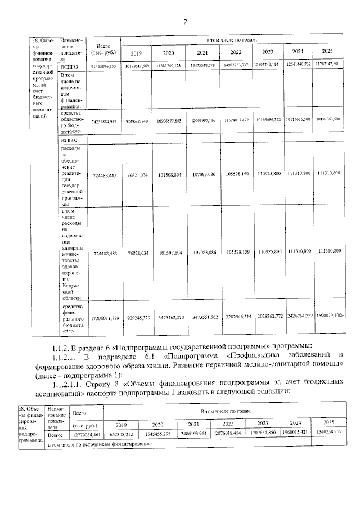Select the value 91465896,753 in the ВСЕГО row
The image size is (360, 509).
[x=102, y=66]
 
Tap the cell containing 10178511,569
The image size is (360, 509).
[x=136, y=66]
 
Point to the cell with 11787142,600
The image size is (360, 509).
[x=327, y=64]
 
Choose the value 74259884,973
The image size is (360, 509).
[x=102, y=121]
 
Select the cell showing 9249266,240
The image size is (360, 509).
[x=136, y=121]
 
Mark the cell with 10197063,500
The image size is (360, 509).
[x=327, y=119]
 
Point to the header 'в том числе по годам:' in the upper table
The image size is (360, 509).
[x=232, y=40]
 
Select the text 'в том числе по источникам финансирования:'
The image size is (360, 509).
[x=101, y=444]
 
